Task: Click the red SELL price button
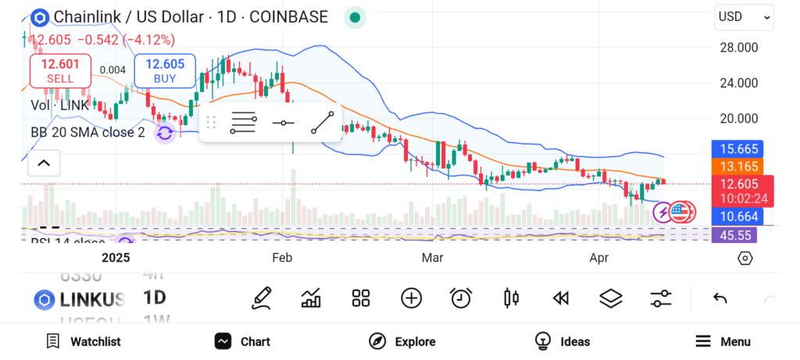[60, 70]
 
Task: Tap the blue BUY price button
[164, 70]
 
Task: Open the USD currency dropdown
[744, 17]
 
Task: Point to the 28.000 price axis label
[737, 48]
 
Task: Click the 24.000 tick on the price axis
[737, 83]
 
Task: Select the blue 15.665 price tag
[737, 149]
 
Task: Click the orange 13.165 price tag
[737, 166]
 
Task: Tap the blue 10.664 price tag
[737, 216]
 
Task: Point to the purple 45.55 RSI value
[737, 234]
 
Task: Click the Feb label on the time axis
[281, 258]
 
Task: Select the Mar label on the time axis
[432, 258]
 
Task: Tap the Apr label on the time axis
[599, 258]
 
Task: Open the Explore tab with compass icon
[402, 341]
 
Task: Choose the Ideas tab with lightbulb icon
[562, 341]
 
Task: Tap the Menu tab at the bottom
[723, 341]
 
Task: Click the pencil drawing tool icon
[262, 298]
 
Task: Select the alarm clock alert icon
[461, 298]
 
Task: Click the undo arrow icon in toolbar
[720, 298]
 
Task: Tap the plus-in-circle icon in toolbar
[411, 298]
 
